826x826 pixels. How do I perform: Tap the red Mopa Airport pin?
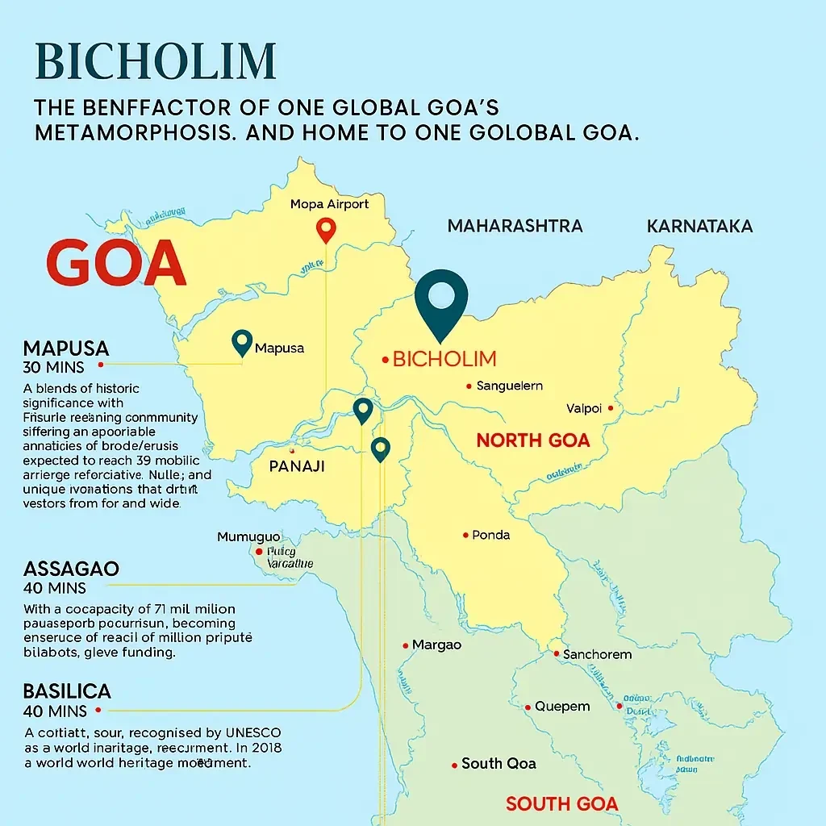tap(326, 229)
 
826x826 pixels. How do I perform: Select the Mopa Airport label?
tap(329, 204)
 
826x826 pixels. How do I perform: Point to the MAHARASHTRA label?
tap(515, 226)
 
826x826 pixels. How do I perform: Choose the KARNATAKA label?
tap(699, 226)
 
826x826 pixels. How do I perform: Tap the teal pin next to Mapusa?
tap(240, 343)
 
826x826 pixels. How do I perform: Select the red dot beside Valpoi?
tap(611, 408)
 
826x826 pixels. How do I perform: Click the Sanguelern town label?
tap(509, 386)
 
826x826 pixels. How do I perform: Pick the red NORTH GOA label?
tap(532, 440)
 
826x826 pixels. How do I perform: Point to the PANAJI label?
tap(297, 466)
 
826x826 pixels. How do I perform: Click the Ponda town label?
tap(490, 535)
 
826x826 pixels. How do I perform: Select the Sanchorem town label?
tap(597, 654)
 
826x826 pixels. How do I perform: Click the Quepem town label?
tap(562, 707)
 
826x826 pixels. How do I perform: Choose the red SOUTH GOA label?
tap(561, 803)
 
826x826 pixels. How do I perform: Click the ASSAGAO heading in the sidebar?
tap(71, 569)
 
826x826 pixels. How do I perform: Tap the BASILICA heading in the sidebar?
tap(67, 691)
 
